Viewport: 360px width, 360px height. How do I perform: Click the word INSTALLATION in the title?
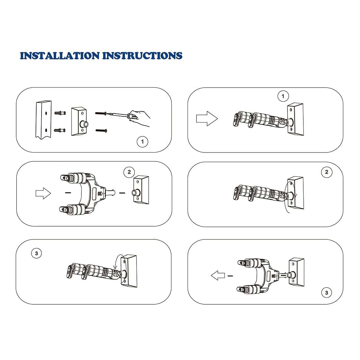coord(60,56)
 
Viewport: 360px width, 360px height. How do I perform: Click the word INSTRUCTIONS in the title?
coord(142,56)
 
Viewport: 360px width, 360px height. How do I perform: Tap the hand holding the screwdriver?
coord(140,118)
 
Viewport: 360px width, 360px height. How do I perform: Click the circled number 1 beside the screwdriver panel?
coord(142,142)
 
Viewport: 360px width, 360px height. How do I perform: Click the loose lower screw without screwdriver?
coord(101,130)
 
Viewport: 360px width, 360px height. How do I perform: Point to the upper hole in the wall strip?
coord(46,113)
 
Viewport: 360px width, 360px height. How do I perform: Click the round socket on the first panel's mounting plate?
coord(84,125)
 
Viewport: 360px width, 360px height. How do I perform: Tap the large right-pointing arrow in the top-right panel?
coord(207,119)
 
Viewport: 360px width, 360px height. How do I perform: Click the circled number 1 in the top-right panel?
coord(283,97)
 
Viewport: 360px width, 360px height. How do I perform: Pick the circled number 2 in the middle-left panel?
coord(129,172)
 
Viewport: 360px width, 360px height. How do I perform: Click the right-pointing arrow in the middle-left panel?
coord(43,193)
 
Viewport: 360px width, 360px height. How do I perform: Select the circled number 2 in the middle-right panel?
coord(326,172)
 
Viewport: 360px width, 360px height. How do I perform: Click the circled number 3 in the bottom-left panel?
coord(36,253)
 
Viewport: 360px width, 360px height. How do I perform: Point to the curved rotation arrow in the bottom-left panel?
coord(119,260)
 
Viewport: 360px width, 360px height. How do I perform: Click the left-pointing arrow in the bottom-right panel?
coord(218,275)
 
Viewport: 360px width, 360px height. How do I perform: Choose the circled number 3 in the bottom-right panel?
coord(326,292)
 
